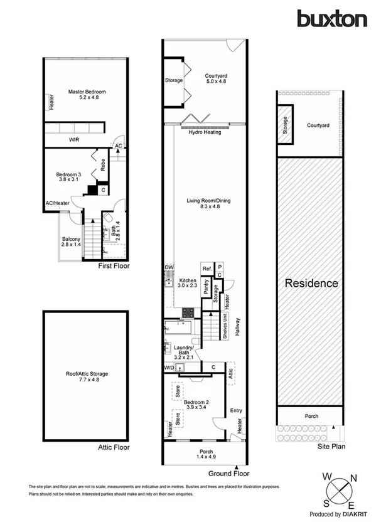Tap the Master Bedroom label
click(x=87, y=95)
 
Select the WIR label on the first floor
click(x=74, y=139)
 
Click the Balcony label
click(x=70, y=242)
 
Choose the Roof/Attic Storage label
click(x=87, y=376)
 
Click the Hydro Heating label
click(x=205, y=132)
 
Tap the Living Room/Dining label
click(x=208, y=204)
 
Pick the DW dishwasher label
click(x=168, y=267)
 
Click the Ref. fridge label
click(x=207, y=269)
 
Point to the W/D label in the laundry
click(x=169, y=367)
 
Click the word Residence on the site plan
click(x=312, y=283)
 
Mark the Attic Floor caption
click(x=114, y=447)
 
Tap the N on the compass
click(x=352, y=479)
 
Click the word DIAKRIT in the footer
click(x=355, y=514)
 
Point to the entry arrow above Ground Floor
click(x=236, y=467)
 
